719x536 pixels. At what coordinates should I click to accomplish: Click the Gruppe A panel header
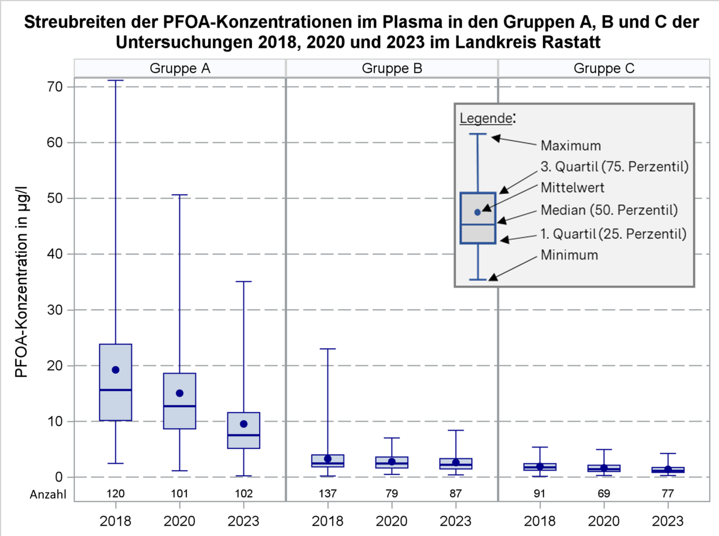click(x=180, y=68)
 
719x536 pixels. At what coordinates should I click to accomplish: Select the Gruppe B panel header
click(x=392, y=68)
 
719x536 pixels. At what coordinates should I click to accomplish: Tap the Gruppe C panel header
click(x=604, y=68)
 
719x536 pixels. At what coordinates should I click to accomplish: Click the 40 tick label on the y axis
click(x=58, y=254)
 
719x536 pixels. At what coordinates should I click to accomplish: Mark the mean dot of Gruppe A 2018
click(x=116, y=370)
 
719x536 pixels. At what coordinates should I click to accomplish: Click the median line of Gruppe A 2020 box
click(x=179, y=406)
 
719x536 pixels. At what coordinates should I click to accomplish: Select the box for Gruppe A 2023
click(x=243, y=430)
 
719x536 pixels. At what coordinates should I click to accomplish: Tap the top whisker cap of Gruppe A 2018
click(x=116, y=80)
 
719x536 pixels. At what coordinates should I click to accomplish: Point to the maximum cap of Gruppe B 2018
click(x=328, y=349)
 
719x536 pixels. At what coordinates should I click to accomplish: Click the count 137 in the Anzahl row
click(x=328, y=494)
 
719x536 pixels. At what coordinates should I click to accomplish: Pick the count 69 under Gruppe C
click(x=604, y=494)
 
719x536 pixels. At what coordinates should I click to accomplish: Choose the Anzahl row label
click(x=48, y=494)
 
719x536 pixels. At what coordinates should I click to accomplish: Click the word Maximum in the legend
click(x=571, y=145)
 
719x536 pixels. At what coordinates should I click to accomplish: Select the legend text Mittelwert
click(x=572, y=188)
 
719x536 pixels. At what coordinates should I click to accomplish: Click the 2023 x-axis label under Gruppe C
click(x=668, y=521)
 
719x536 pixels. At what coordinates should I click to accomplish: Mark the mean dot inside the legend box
click(x=478, y=212)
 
